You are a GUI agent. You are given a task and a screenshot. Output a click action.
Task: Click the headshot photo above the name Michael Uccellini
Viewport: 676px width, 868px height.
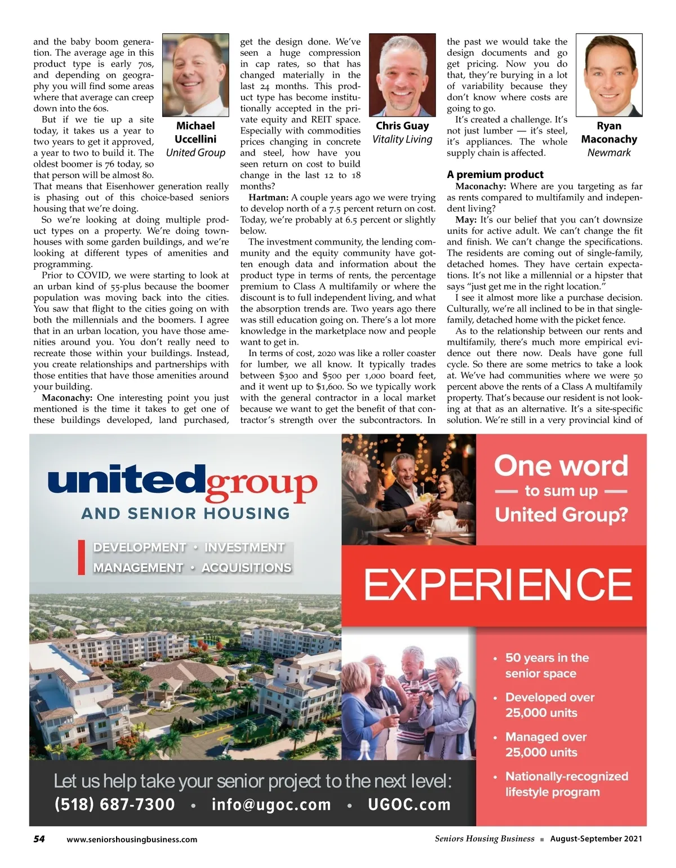(195, 75)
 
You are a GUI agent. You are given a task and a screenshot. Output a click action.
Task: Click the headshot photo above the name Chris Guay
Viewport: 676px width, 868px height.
(402, 75)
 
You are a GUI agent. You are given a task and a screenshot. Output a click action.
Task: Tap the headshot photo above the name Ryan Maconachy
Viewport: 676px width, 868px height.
(609, 75)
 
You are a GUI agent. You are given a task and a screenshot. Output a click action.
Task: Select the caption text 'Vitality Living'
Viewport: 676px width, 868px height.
(402, 139)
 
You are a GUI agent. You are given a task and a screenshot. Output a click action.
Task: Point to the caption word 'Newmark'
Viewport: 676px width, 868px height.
(609, 153)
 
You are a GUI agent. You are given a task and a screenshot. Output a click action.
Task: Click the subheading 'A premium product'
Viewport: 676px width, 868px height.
(495, 175)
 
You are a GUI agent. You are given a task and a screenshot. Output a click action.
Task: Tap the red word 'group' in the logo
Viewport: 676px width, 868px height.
(261, 483)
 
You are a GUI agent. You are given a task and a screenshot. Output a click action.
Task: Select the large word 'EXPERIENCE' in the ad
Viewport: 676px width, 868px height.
(498, 585)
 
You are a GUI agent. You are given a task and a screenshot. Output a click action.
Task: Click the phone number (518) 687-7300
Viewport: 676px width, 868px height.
(115, 804)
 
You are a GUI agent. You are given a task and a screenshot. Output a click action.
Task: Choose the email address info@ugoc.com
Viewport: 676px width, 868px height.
(271, 804)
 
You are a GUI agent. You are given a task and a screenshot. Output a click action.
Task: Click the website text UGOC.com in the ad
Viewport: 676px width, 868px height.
(409, 804)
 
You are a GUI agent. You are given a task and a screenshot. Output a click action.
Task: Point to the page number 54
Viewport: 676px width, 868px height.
(39, 839)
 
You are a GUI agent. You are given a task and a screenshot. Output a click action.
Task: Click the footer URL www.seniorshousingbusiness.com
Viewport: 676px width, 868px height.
(132, 839)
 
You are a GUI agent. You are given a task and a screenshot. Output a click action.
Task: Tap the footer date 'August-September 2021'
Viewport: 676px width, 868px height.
(596, 839)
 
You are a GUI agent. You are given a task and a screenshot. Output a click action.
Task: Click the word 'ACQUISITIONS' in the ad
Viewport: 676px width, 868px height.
(246, 568)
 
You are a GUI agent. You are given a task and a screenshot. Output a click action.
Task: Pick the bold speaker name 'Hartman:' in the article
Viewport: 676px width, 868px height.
(269, 198)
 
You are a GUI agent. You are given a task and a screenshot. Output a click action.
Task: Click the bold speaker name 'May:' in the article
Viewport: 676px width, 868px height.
(466, 220)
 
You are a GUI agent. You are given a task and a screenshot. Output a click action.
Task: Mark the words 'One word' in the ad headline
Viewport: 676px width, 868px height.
(561, 466)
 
